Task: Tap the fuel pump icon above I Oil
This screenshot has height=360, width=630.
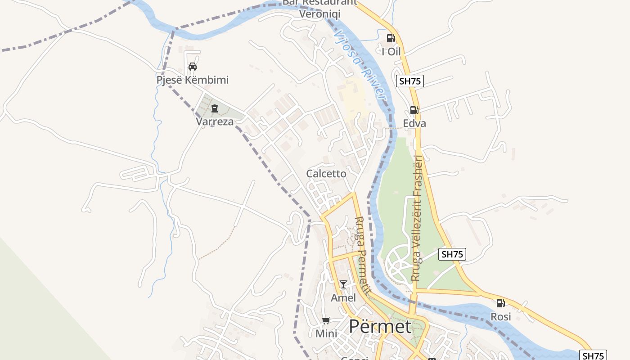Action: point(391,38)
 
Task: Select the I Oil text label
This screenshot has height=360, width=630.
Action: point(391,52)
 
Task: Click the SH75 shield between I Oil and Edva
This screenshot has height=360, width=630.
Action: point(409,81)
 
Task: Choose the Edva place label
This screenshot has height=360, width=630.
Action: point(414,123)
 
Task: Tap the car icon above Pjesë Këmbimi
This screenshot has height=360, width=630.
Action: point(193,67)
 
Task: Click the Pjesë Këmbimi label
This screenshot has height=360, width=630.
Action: point(193,80)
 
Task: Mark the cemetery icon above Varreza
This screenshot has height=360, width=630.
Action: point(214,108)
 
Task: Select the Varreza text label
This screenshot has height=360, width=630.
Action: point(215,121)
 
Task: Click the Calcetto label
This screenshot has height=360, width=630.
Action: point(326,174)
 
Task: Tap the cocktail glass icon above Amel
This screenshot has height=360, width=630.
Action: point(343,284)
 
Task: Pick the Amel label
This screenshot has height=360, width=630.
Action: point(343,298)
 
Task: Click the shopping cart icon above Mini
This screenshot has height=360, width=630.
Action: point(326,321)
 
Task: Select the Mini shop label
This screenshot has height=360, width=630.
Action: point(326,334)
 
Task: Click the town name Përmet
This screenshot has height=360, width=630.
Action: point(380,327)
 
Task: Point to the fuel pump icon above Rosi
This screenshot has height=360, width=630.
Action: point(500,303)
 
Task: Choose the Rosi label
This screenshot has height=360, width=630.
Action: point(501,317)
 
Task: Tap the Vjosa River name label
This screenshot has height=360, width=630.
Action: point(360,65)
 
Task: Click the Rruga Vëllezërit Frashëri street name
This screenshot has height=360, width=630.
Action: point(417,218)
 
